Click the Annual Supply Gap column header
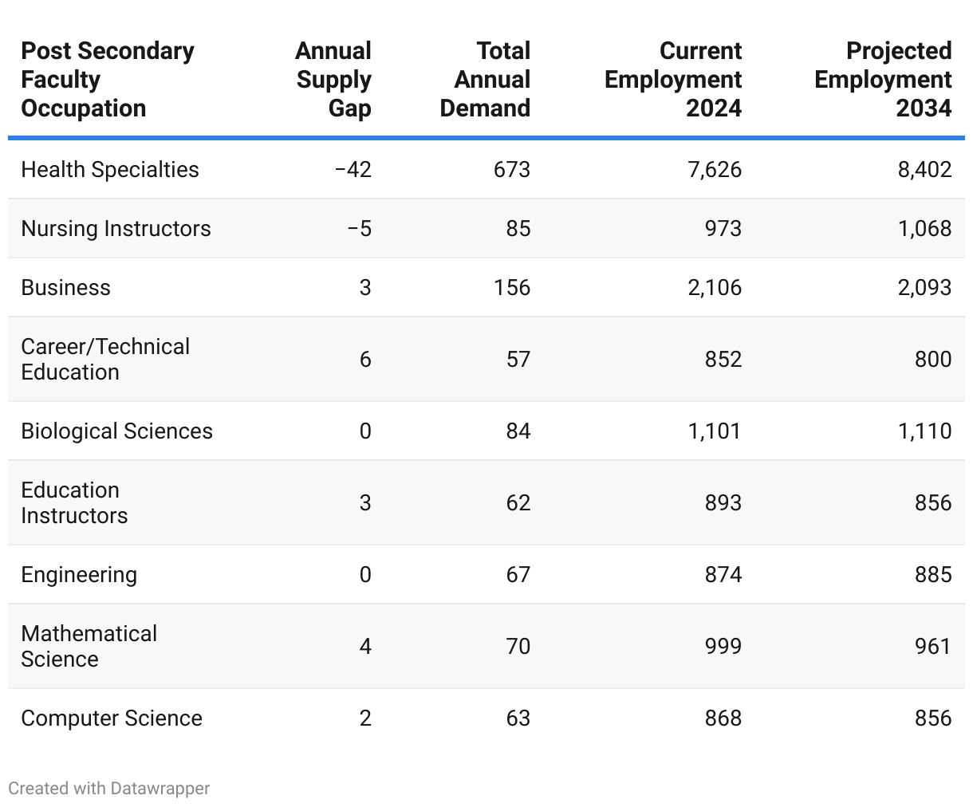[x=333, y=80]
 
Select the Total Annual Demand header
[x=485, y=80]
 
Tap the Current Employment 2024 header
[x=673, y=80]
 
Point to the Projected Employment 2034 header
[x=883, y=80]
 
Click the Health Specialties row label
[x=110, y=170]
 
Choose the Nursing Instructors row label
[x=116, y=229]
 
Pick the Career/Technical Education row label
[x=105, y=359]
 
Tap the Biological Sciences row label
[x=116, y=431]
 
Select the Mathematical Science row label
[x=89, y=646]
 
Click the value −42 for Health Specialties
[x=353, y=170]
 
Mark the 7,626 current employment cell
[x=715, y=170]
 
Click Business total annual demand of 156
[x=511, y=288]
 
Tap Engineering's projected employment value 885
[x=933, y=575]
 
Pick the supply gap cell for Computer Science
[x=365, y=718]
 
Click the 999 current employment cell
[x=723, y=646]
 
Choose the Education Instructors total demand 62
[x=518, y=503]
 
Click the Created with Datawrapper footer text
[x=109, y=789]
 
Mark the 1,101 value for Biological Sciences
[x=715, y=431]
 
